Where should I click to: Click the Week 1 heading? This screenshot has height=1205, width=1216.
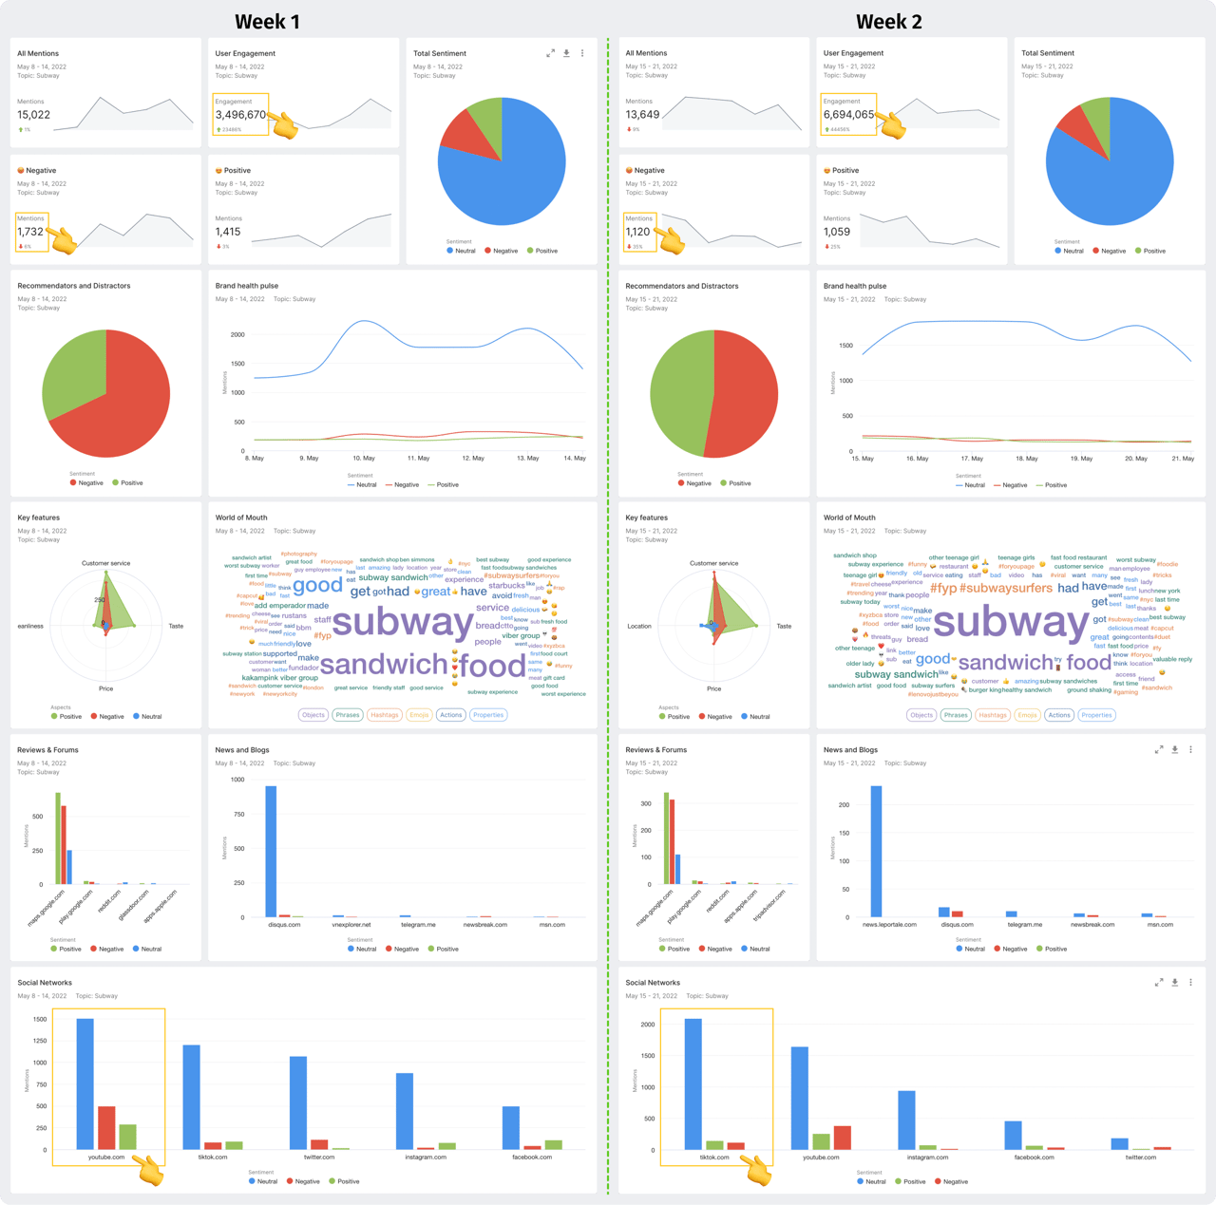coord(267,22)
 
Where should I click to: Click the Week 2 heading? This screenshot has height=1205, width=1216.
coord(888,22)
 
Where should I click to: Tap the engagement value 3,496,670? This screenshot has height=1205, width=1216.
coord(240,115)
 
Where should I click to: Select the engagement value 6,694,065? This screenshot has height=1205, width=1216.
coord(848,115)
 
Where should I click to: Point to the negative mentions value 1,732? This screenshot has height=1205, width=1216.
coord(30,232)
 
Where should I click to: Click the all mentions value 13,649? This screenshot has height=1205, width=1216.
coord(642,115)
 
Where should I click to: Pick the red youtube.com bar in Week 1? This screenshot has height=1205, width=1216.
coord(106,1127)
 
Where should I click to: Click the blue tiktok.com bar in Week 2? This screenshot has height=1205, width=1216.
coord(693,1084)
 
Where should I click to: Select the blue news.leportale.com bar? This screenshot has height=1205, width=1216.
coord(876,851)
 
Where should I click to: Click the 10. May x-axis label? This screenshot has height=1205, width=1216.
coord(364,458)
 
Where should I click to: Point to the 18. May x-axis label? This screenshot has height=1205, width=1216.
coord(1026,458)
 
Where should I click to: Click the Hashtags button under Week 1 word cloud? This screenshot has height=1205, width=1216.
coord(384,715)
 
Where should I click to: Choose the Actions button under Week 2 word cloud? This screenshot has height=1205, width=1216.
coord(1059,715)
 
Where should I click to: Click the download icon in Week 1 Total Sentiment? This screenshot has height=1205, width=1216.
coord(566,53)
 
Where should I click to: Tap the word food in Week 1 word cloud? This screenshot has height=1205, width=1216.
coord(492,666)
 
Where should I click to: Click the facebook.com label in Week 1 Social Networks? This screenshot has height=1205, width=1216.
coord(532,1157)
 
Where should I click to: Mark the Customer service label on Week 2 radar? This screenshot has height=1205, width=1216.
coord(713,563)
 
